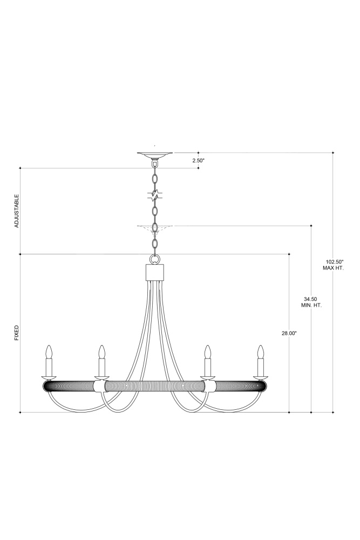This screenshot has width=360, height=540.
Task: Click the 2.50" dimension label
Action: point(198,160)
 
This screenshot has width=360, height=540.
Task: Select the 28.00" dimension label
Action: point(289,333)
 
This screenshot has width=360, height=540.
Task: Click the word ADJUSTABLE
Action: point(17,211)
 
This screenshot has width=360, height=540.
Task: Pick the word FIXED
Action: point(17,333)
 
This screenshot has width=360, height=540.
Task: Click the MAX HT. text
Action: point(333,268)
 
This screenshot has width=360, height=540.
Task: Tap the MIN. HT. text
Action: point(311,306)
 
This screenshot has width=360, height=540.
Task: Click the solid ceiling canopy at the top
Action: point(155,154)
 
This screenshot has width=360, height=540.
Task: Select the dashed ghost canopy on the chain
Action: point(155,227)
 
